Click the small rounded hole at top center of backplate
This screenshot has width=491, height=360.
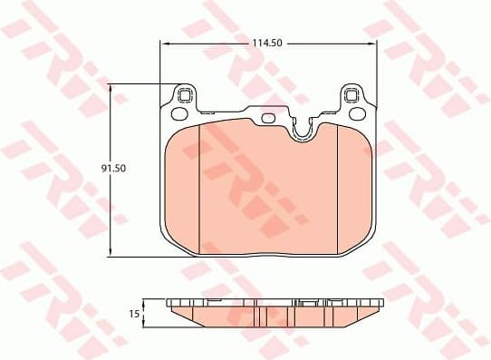pos(267,117)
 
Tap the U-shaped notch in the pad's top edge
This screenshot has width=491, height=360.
pos(303,132)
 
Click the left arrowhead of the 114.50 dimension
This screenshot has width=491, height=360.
pos(163,43)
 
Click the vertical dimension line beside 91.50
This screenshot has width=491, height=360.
pos(111,209)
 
